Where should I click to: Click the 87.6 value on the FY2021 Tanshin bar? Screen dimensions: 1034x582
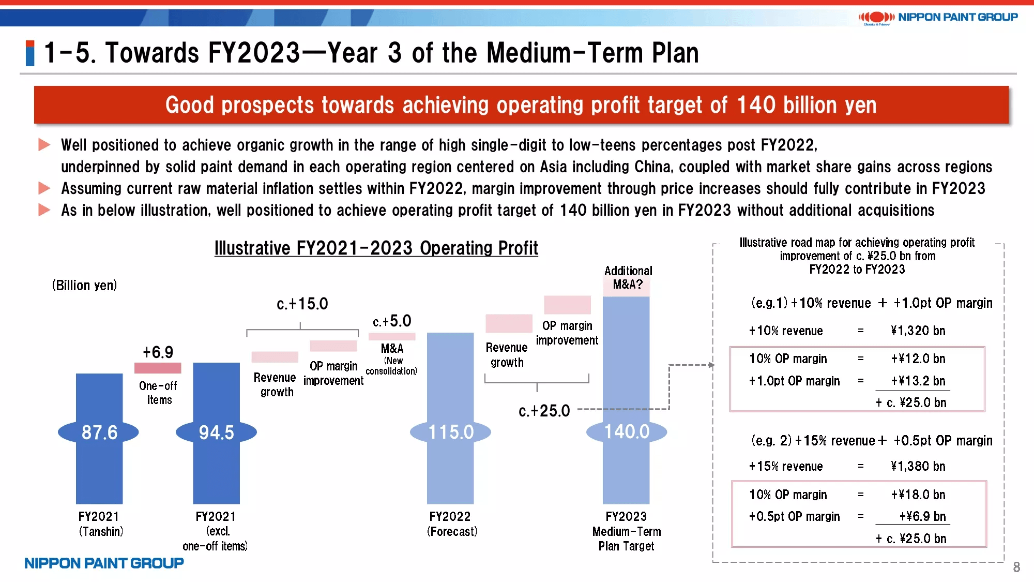(99, 432)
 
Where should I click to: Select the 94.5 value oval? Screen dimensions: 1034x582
(216, 432)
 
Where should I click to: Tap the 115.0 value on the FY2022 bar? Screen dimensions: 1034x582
(451, 432)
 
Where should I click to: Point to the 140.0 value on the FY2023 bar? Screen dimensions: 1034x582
(627, 431)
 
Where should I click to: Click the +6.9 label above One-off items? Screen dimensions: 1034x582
(158, 352)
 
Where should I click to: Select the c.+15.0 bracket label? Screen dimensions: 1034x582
(302, 304)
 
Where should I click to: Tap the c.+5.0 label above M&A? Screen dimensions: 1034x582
(392, 321)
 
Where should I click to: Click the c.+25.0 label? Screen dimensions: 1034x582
(544, 411)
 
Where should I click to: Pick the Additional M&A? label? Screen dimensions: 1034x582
(628, 278)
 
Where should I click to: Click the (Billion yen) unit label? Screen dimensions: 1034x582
(84, 286)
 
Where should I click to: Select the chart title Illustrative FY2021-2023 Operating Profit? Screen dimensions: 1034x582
(376, 248)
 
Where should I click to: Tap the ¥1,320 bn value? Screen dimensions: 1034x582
(918, 331)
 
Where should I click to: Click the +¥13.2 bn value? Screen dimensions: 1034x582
(918, 381)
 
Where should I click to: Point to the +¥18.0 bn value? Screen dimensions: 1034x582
(918, 495)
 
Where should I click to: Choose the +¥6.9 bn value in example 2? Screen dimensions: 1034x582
(922, 516)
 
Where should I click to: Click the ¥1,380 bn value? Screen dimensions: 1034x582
(918, 467)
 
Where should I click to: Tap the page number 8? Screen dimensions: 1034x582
(1016, 568)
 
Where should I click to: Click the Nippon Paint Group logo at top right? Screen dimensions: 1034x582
(938, 18)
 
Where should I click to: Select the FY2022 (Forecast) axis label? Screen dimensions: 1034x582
(451, 524)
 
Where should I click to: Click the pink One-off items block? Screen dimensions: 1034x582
(158, 368)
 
